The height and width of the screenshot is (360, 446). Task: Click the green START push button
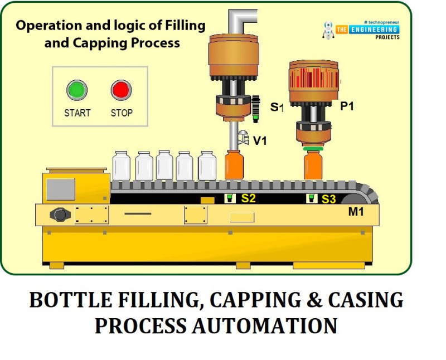click(x=77, y=90)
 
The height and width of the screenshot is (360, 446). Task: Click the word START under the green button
click(x=77, y=113)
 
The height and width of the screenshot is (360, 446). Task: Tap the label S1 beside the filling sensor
click(x=277, y=107)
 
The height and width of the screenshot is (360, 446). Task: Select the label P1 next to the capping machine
click(x=347, y=106)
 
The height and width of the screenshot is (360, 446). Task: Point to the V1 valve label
click(x=260, y=140)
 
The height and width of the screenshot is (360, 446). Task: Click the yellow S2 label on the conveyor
click(x=248, y=198)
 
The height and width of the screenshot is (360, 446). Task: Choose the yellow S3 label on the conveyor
click(x=328, y=200)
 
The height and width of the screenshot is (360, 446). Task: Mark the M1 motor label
click(x=356, y=212)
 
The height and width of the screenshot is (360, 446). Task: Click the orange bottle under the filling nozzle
click(x=234, y=165)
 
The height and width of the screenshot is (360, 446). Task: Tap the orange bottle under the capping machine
click(x=313, y=166)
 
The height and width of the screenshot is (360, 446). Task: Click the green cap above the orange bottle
click(x=313, y=149)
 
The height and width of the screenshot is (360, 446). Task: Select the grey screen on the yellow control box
click(x=61, y=189)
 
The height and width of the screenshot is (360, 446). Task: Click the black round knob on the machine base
click(x=60, y=215)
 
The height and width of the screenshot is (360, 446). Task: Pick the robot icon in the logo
click(x=328, y=30)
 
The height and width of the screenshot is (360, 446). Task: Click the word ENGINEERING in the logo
click(x=374, y=30)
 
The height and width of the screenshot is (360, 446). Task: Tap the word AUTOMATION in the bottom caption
click(x=264, y=325)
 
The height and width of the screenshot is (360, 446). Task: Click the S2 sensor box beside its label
click(x=230, y=198)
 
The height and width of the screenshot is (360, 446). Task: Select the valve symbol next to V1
click(x=243, y=137)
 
